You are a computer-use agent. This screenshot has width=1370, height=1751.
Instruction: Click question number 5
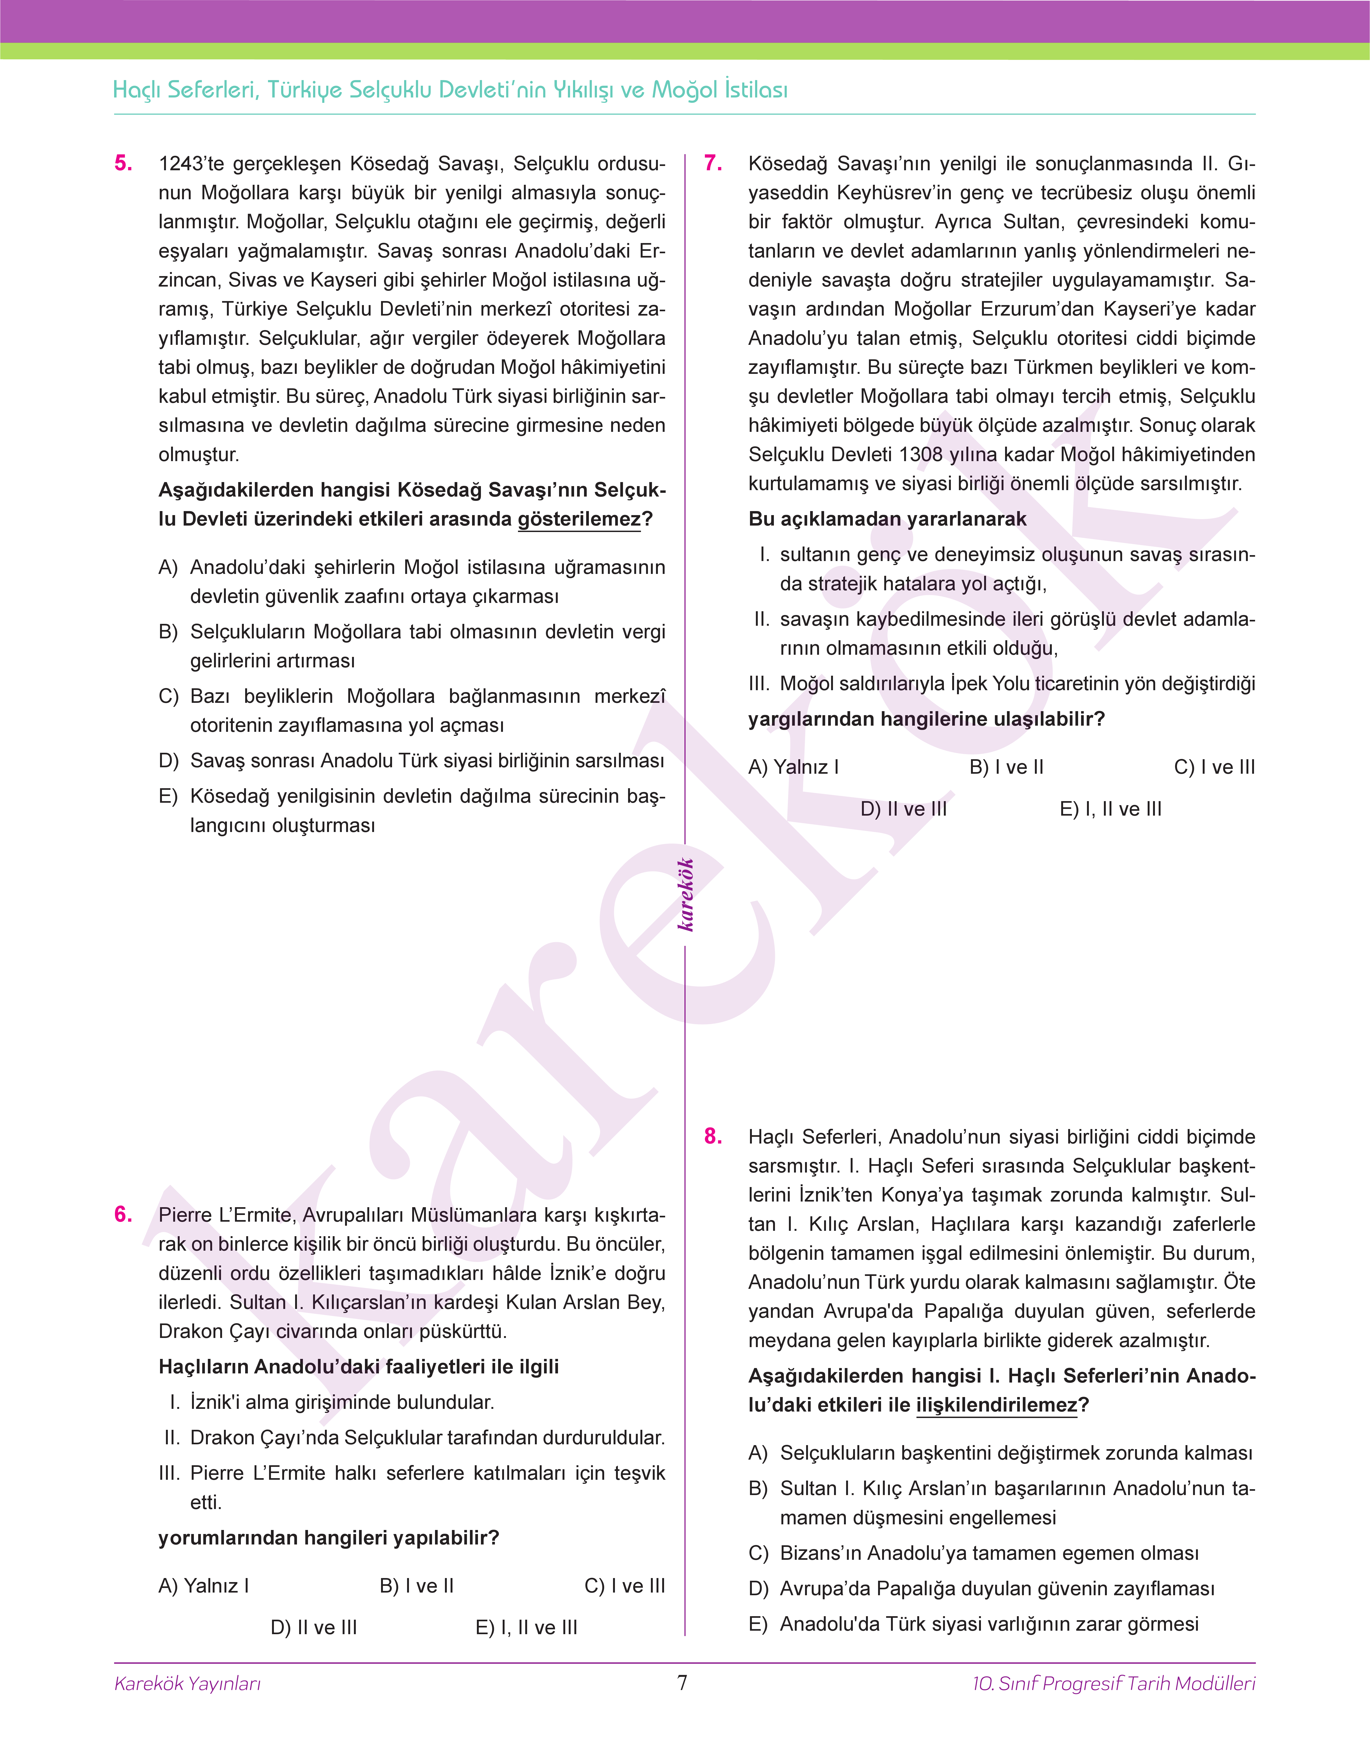point(124,164)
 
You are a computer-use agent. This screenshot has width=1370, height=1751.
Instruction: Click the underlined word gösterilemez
point(579,520)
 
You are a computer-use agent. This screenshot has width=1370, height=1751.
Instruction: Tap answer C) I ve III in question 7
point(1214,768)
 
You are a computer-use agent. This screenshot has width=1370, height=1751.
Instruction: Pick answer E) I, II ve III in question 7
point(1110,809)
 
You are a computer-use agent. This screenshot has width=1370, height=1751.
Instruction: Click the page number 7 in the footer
point(683,1683)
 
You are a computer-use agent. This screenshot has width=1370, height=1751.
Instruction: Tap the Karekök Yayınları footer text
point(188,1684)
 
